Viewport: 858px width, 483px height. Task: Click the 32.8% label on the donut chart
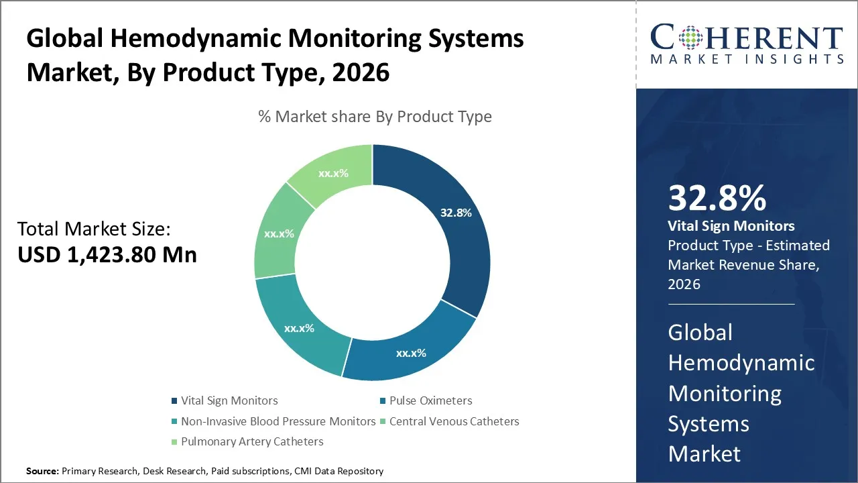click(456, 213)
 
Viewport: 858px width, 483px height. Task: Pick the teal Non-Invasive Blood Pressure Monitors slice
click(300, 327)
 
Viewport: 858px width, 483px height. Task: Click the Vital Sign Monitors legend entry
click(229, 400)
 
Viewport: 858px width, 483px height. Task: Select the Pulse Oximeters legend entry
click(430, 400)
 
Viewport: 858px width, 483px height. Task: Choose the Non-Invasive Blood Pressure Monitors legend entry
click(278, 421)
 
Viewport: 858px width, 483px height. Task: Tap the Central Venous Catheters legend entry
click(454, 421)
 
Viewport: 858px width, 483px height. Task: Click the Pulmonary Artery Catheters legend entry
click(251, 441)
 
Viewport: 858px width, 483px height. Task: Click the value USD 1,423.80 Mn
click(107, 255)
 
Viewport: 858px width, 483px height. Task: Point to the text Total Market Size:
click(95, 229)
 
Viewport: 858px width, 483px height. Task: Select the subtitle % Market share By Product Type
click(375, 117)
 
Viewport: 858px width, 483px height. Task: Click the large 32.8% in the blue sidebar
click(717, 199)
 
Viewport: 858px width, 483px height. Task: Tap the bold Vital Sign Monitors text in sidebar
click(731, 226)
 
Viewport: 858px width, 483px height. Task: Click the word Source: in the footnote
click(42, 471)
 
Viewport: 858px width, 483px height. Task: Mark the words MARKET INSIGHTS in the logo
click(746, 59)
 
